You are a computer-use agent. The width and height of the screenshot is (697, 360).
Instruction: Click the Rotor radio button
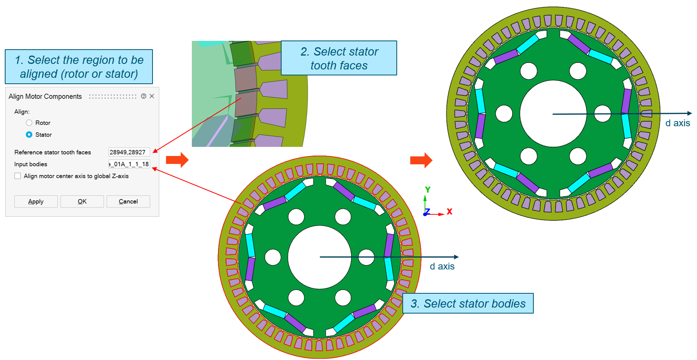tap(29, 123)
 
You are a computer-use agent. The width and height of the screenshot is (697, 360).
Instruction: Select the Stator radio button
tap(29, 135)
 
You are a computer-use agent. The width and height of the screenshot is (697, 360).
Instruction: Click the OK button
tap(82, 201)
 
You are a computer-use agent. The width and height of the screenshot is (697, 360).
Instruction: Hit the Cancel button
tap(128, 201)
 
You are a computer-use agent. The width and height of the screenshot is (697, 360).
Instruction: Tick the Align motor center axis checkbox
tap(18, 176)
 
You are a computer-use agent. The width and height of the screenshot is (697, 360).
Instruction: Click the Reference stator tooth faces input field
tap(129, 152)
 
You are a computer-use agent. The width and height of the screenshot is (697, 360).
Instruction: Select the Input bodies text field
tap(129, 164)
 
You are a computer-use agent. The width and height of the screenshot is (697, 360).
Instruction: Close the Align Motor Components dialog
tap(152, 96)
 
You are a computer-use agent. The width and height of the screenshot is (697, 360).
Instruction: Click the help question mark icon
tap(144, 96)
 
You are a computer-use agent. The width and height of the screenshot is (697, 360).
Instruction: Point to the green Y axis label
tap(428, 190)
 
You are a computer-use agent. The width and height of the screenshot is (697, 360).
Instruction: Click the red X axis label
tap(450, 212)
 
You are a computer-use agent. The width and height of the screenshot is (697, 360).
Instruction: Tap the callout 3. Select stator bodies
tap(468, 304)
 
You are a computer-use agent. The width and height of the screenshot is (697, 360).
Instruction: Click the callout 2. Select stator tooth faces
tap(339, 58)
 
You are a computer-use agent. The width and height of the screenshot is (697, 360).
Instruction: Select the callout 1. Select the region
tap(79, 67)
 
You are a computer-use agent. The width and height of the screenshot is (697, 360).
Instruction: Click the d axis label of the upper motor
tap(678, 123)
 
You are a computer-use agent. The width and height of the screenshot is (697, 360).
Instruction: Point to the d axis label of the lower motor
tap(442, 266)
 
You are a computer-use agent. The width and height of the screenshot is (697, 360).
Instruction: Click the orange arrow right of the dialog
tap(177, 160)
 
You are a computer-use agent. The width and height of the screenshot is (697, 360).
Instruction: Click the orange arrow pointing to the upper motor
tap(421, 160)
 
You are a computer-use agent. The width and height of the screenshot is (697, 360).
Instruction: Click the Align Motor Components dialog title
tap(45, 96)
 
